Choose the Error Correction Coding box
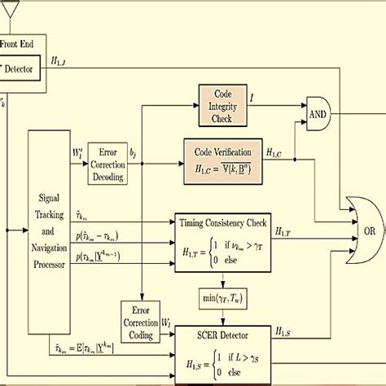pyautogui.click(x=140, y=318)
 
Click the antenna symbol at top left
pyautogui.click(x=10, y=8)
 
